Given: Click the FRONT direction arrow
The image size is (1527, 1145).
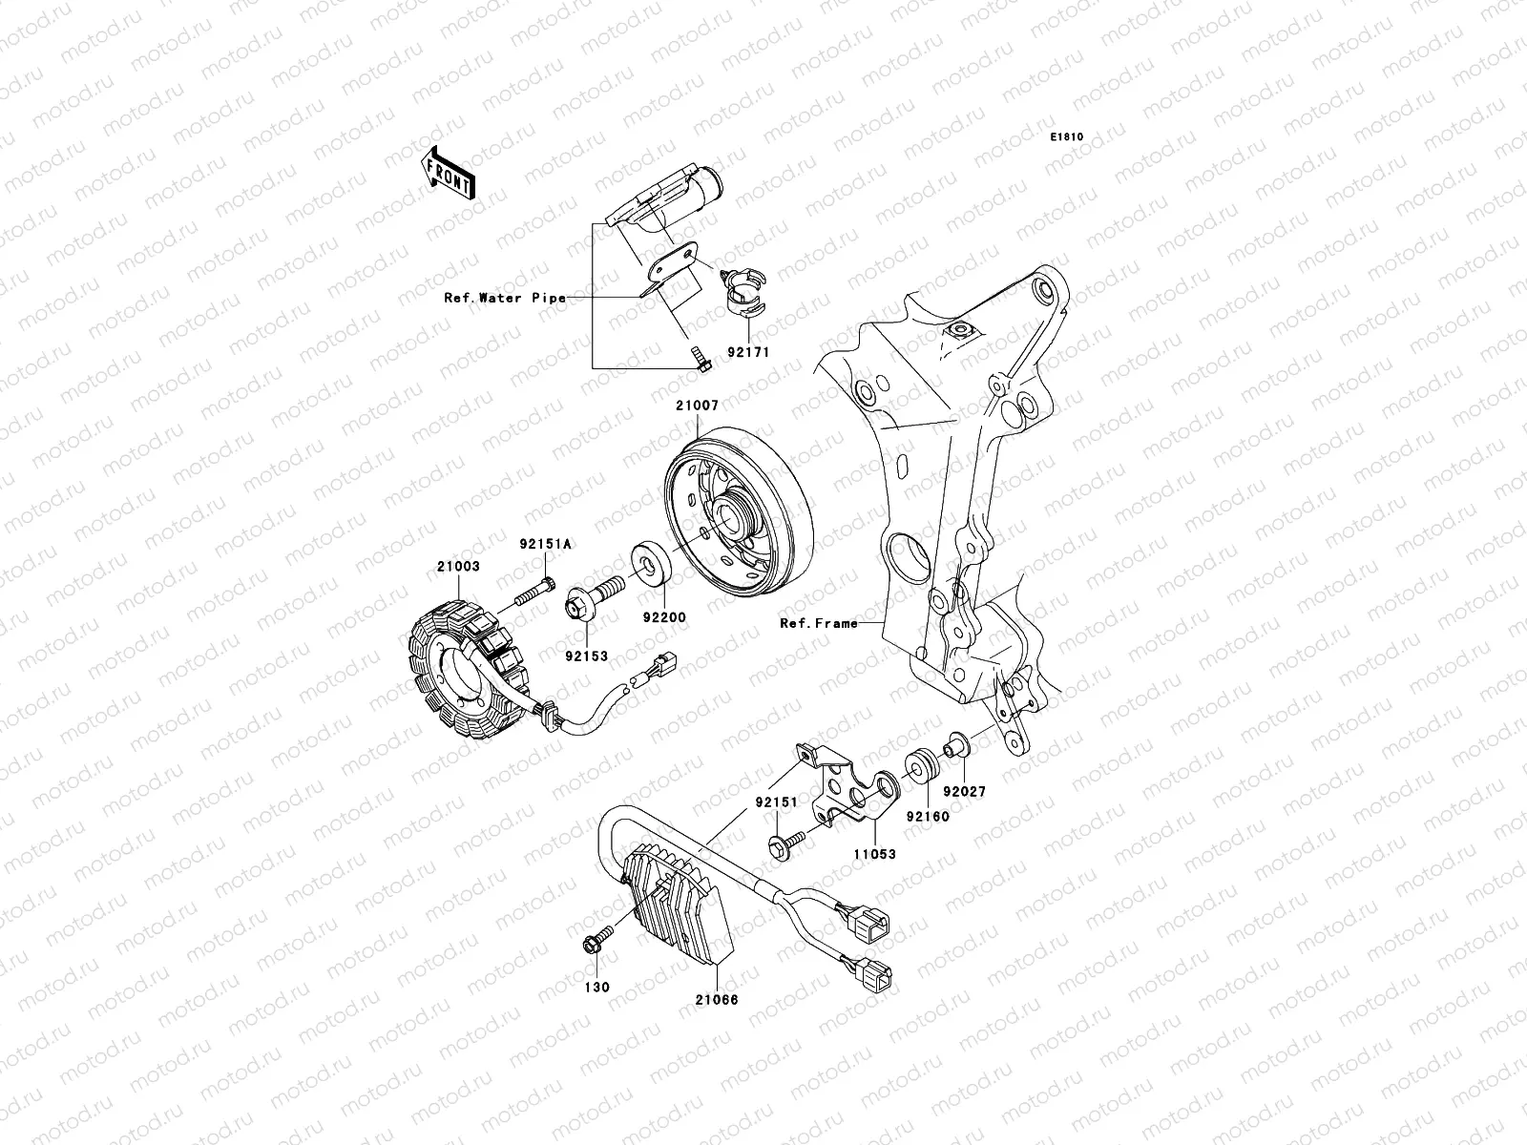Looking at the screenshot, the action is click(x=448, y=173).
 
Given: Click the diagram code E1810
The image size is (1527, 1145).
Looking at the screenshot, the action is click(x=1066, y=137).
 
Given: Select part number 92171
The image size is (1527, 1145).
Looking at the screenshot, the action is click(x=748, y=352).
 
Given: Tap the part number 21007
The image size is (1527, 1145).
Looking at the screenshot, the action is click(x=697, y=406).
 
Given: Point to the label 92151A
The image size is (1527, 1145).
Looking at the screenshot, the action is click(x=545, y=544).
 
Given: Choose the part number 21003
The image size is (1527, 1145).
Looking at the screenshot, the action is click(x=458, y=567).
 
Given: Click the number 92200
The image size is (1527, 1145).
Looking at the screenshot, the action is click(x=664, y=617).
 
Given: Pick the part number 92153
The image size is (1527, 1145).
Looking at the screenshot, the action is click(x=586, y=656).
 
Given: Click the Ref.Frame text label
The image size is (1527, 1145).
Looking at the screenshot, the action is click(x=819, y=624).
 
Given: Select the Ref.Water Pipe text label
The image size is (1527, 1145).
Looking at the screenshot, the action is click(x=505, y=299).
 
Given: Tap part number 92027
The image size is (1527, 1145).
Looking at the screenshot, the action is click(x=965, y=791).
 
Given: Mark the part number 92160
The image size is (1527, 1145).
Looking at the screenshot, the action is click(x=928, y=817).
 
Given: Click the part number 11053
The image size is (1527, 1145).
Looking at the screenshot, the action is click(x=875, y=854).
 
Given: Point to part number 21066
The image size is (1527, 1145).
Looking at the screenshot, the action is click(x=717, y=1000).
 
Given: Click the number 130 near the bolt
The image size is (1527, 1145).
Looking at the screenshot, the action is click(x=596, y=988).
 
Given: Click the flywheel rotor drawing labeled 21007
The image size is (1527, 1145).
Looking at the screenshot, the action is click(x=738, y=511).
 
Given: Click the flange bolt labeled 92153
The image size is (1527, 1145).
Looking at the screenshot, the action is click(x=595, y=597).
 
